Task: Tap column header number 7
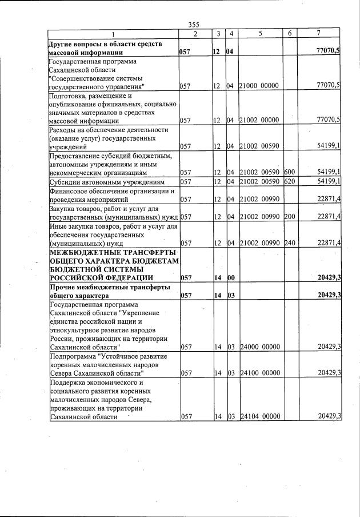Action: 321,34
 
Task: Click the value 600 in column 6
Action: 289,172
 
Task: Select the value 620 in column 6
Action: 289,182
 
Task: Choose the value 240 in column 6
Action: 289,242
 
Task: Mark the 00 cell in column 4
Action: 231,278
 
